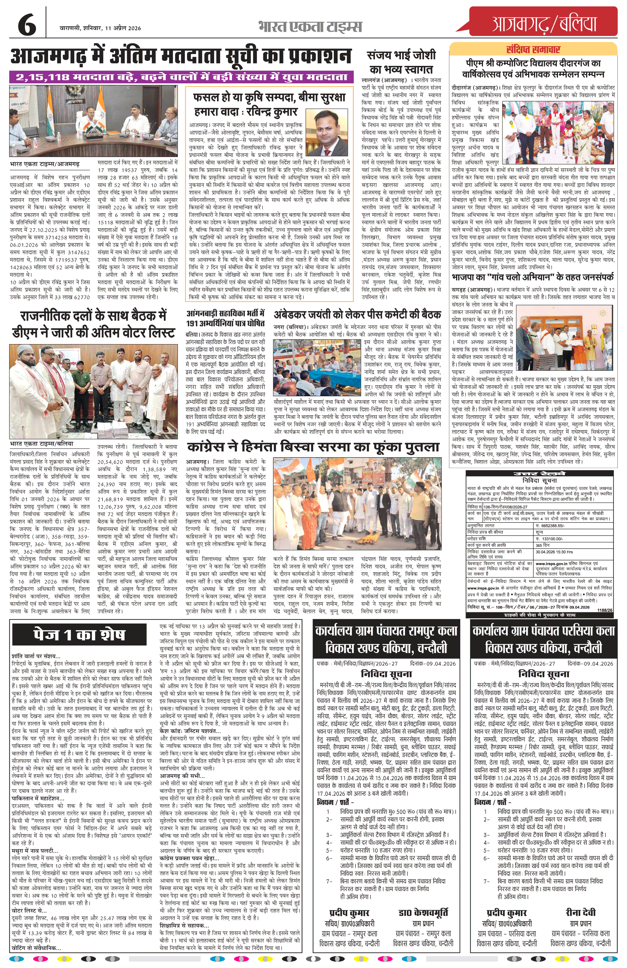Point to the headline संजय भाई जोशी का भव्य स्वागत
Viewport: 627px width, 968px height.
coord(401,62)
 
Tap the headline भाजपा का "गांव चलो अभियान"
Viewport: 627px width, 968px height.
coord(533,277)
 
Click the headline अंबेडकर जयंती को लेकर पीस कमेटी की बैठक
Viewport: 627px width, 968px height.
coord(357,314)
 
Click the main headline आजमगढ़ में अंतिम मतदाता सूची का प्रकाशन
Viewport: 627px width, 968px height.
coord(180,56)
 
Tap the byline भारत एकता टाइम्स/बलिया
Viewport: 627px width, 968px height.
coord(42,444)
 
